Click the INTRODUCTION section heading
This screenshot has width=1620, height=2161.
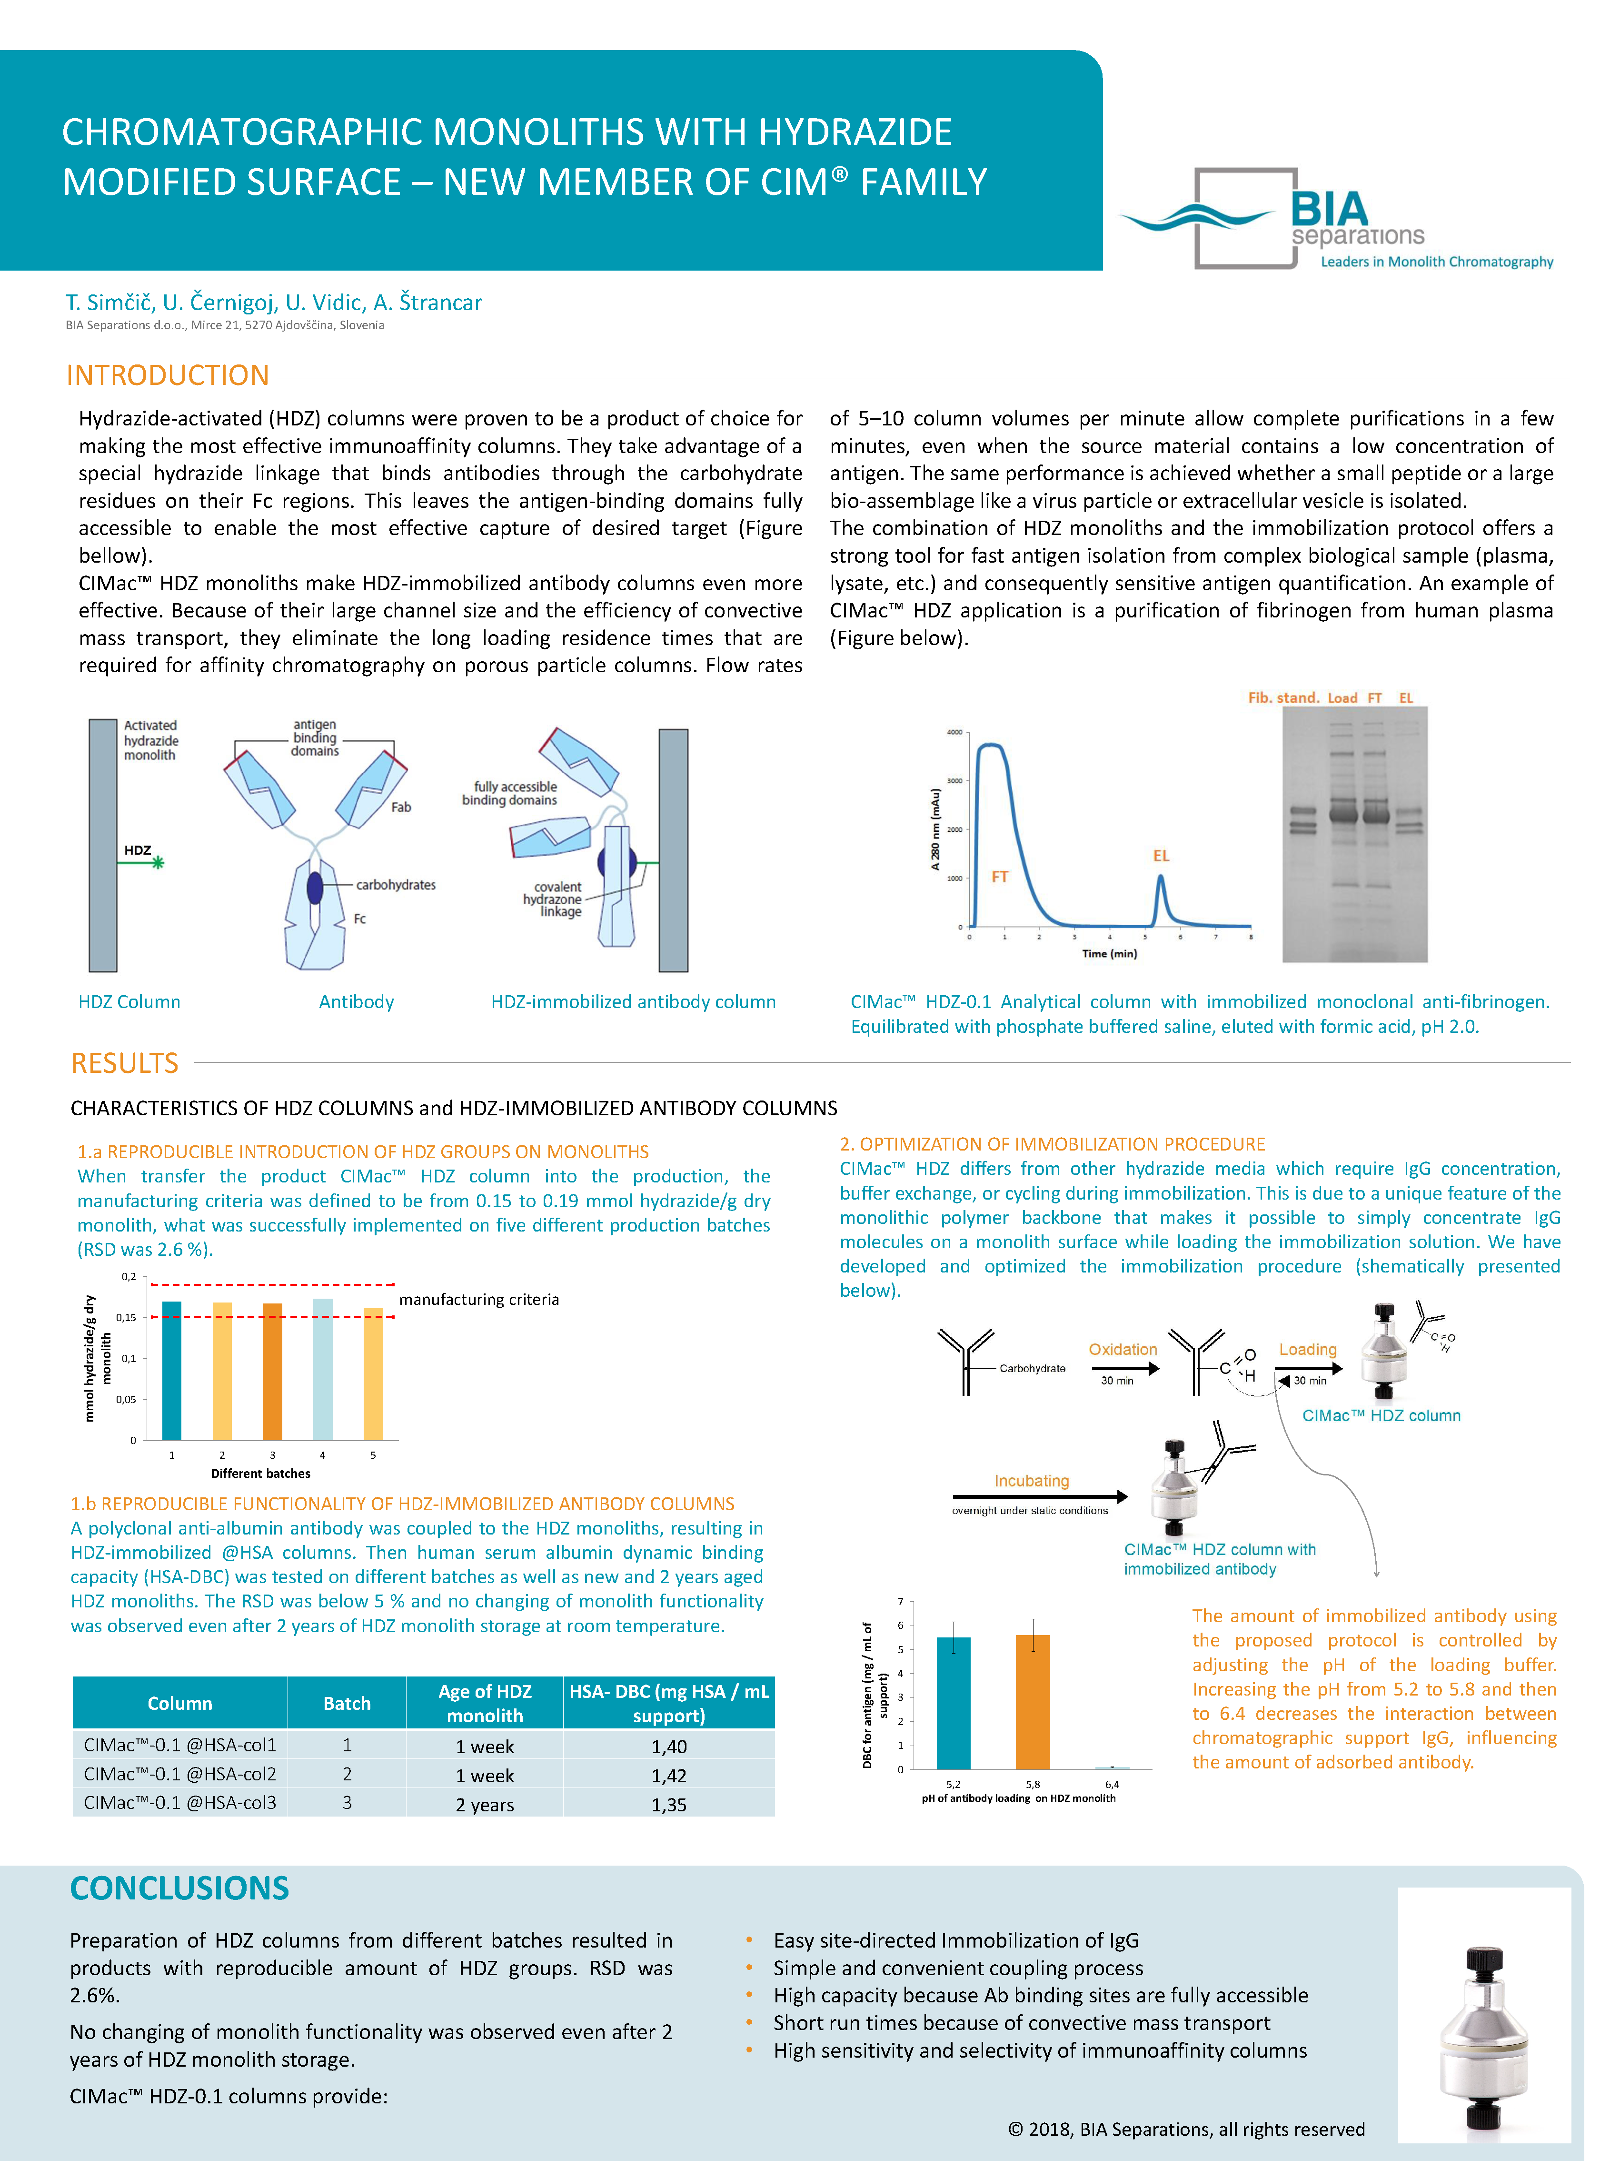(x=167, y=375)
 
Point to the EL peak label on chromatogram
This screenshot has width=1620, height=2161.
(x=1160, y=856)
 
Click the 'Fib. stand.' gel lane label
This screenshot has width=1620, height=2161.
(x=1282, y=697)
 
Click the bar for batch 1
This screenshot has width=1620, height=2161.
(x=172, y=1370)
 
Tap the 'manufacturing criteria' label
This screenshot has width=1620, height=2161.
(x=478, y=1299)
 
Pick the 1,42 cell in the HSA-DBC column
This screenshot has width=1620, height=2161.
(x=669, y=1775)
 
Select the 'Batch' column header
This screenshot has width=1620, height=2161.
(x=347, y=1703)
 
